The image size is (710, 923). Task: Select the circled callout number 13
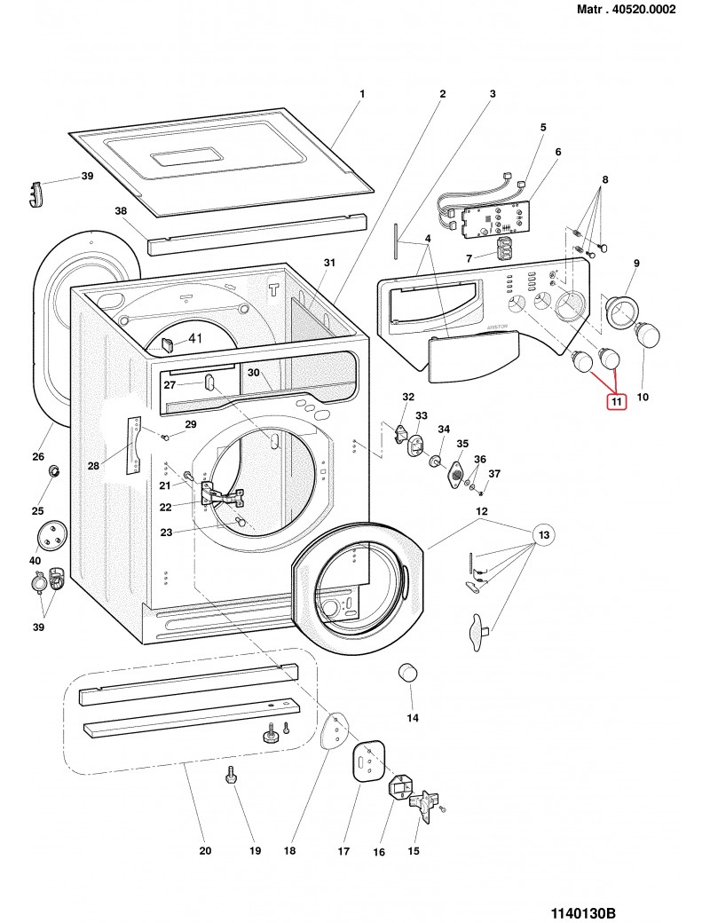[544, 534]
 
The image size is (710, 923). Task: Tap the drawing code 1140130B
[583, 888]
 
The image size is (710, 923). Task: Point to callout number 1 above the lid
[362, 93]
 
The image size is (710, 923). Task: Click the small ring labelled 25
[54, 469]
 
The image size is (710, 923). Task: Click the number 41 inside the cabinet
[194, 337]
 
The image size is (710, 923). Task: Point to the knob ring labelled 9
[621, 311]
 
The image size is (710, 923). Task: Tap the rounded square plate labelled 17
[366, 761]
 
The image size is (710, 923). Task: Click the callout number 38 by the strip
[122, 211]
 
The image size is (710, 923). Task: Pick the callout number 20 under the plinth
[205, 851]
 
